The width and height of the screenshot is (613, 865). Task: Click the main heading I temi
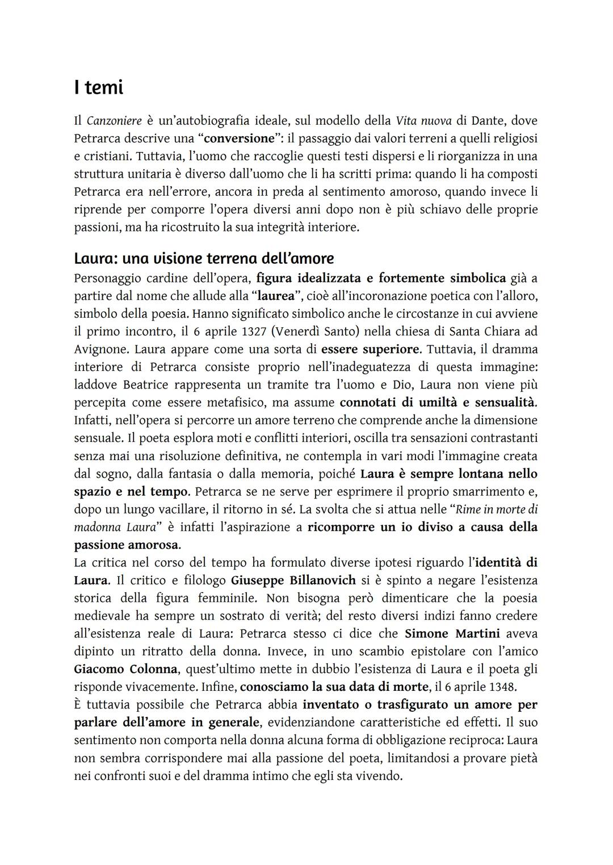[99, 87]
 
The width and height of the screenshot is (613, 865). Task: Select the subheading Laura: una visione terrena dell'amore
[204, 259]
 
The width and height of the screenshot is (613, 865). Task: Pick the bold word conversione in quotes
[238, 138]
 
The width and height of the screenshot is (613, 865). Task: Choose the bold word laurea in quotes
[275, 296]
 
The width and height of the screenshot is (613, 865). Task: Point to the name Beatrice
[145, 385]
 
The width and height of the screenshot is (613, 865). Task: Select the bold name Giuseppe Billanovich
[293, 580]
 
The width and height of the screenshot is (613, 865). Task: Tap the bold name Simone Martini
[451, 634]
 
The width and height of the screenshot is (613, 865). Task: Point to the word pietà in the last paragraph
[523, 758]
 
